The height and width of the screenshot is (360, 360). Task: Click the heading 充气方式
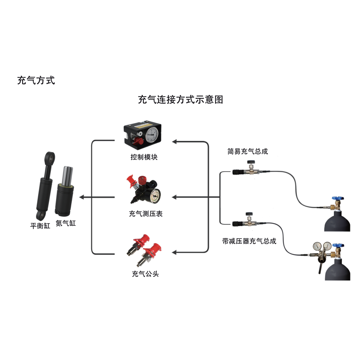point(36,81)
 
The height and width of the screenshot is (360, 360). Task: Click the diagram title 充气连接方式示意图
point(180,100)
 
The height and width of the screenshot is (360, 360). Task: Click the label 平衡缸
point(40,226)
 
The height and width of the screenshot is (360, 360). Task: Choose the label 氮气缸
point(66,224)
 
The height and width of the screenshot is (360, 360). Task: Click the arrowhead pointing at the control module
point(174,142)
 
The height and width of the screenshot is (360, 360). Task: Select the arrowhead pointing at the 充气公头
point(174,251)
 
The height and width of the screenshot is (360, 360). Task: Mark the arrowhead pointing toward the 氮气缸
point(82,197)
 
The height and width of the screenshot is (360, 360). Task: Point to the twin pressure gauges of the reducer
point(322,246)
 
